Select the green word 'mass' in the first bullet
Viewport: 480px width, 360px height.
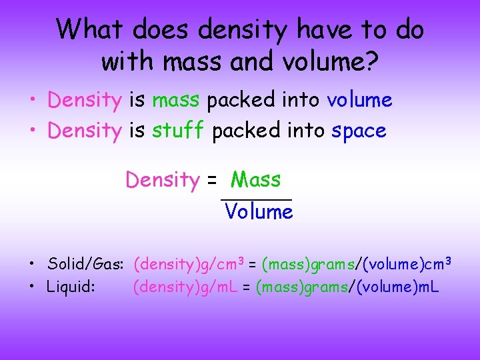(x=175, y=100)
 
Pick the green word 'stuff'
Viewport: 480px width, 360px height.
(x=177, y=131)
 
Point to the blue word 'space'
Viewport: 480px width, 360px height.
(x=359, y=131)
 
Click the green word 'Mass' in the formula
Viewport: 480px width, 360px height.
(x=255, y=180)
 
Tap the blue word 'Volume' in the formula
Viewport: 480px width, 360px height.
(x=259, y=212)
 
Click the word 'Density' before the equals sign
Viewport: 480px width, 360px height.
(x=162, y=180)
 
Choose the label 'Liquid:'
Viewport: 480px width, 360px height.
(x=71, y=287)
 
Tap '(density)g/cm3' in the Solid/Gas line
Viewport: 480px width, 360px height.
(x=189, y=264)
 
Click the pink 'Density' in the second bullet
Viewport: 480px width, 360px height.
(x=84, y=131)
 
